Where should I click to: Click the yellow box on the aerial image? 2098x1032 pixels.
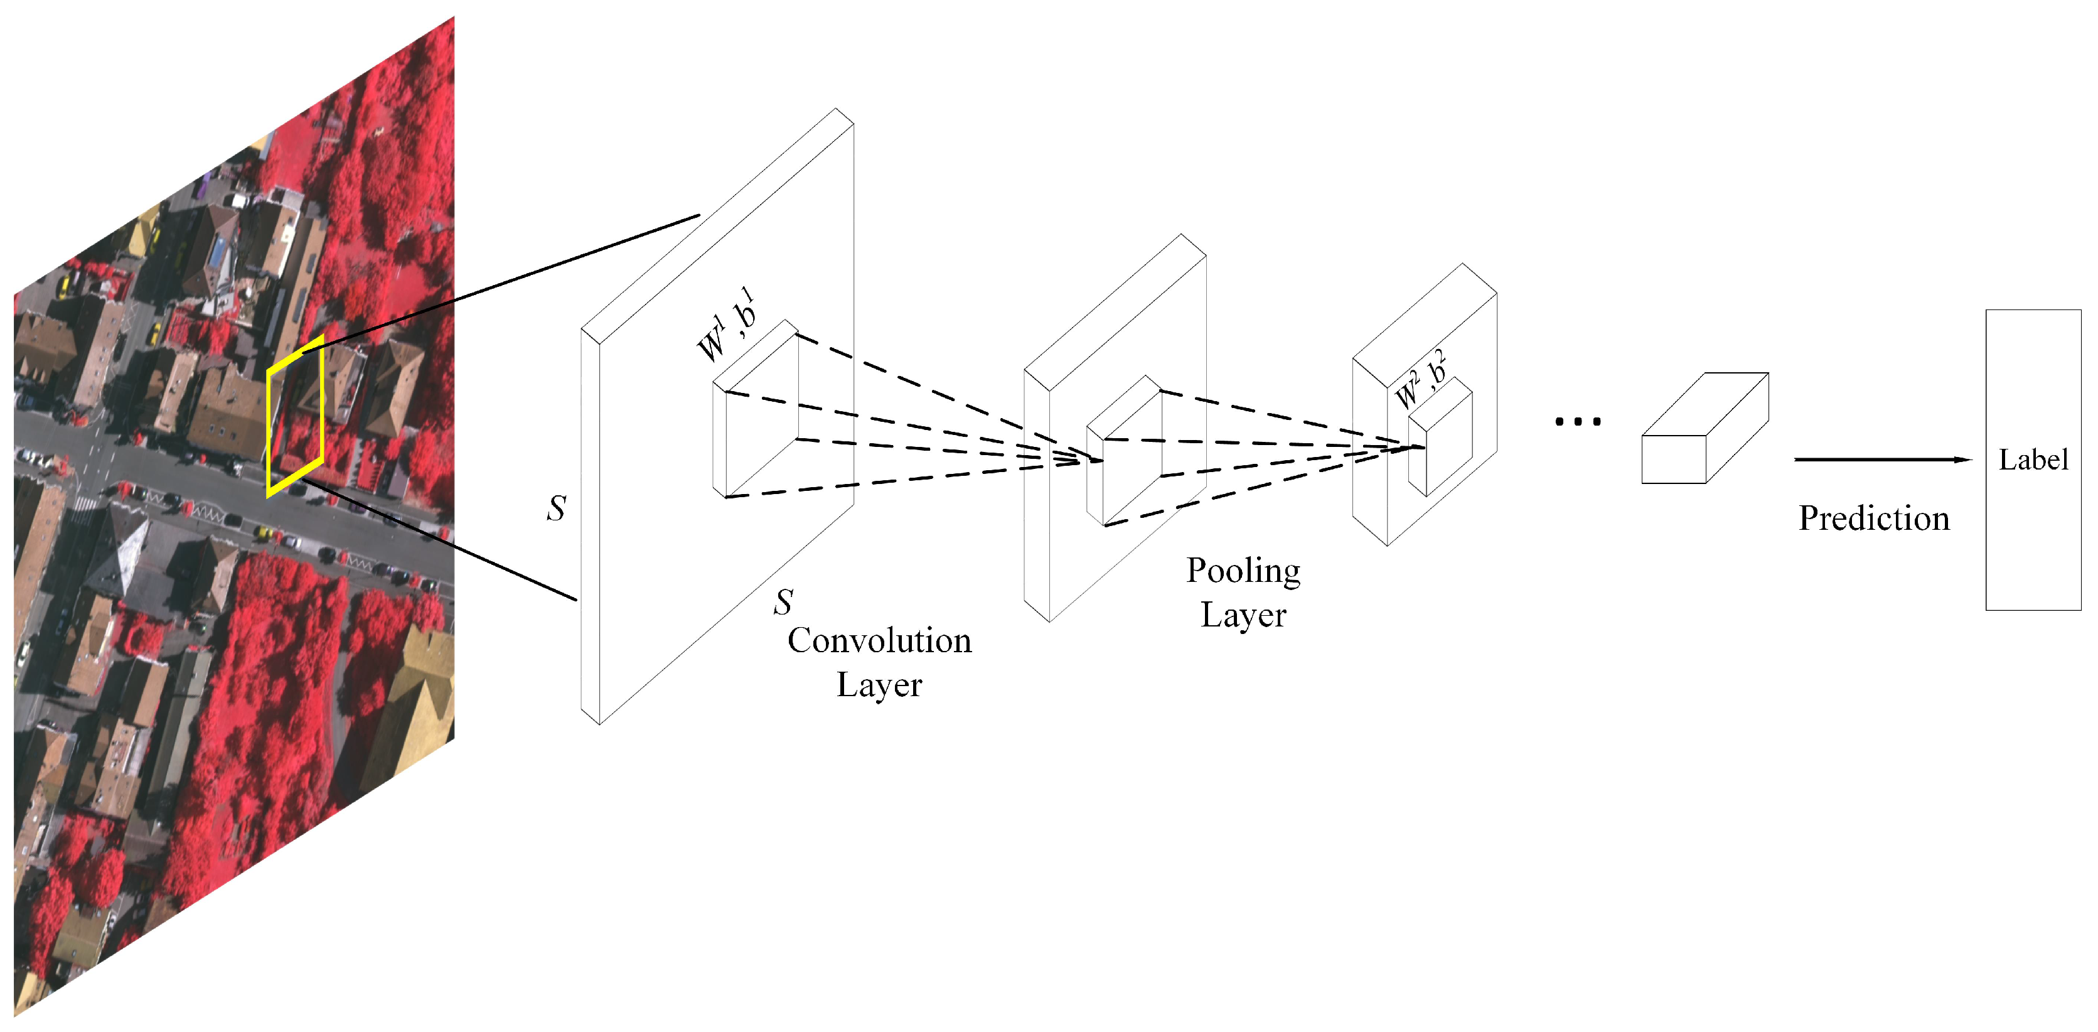[x=295, y=416]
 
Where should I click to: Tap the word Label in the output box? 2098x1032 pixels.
[x=2033, y=460]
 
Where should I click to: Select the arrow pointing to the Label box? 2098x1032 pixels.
[x=1881, y=460]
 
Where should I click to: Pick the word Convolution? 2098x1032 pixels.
[x=879, y=641]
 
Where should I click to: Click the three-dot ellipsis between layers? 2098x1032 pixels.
[x=1578, y=421]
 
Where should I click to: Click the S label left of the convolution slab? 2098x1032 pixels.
[x=556, y=509]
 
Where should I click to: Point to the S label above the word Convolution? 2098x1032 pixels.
[x=783, y=603]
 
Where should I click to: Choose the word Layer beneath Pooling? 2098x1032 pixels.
[x=1243, y=615]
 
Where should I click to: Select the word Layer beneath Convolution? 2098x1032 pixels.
[x=879, y=685]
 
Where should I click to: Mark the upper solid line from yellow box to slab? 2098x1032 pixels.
[x=505, y=281]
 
